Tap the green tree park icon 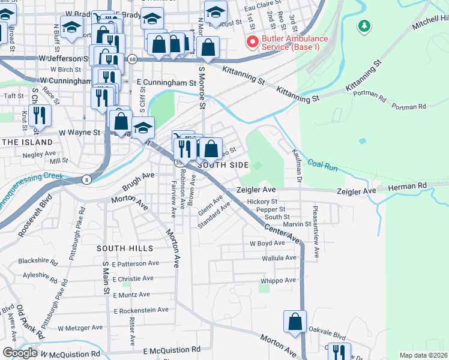(x=363, y=26)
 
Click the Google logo (x=20, y=353)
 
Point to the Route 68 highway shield (x=132, y=59)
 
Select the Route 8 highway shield (x=87, y=179)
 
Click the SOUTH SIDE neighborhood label (x=223, y=165)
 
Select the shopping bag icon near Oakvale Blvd (x=295, y=322)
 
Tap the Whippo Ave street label (x=278, y=280)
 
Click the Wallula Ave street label (x=279, y=258)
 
